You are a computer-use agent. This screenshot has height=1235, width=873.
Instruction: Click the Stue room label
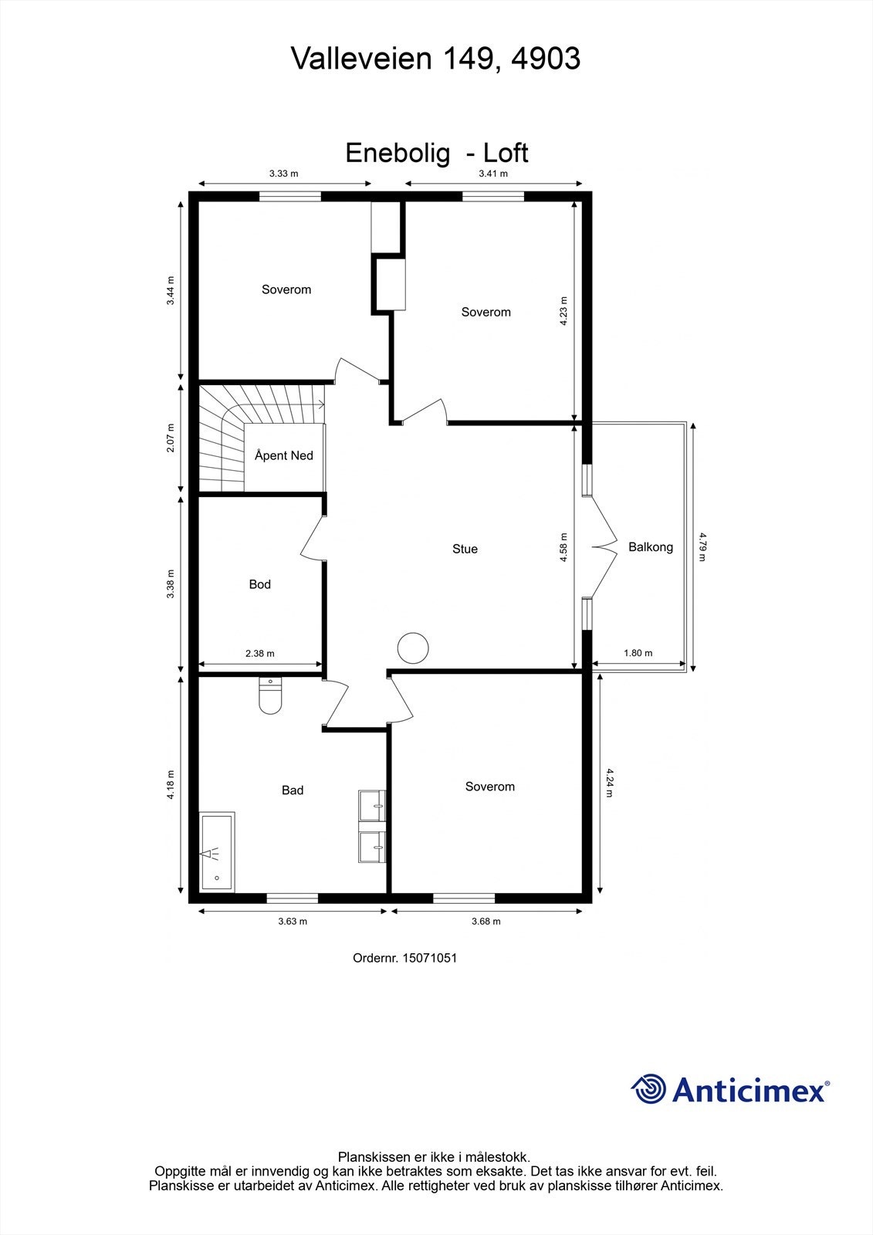click(x=465, y=549)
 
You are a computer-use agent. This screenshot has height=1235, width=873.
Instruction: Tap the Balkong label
click(x=650, y=547)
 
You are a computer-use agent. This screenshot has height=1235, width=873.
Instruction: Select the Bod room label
click(x=259, y=584)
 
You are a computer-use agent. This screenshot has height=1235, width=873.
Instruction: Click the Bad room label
click(x=293, y=790)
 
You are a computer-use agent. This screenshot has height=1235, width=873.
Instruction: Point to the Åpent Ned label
click(x=283, y=455)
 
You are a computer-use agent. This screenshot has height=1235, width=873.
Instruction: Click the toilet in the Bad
click(x=270, y=695)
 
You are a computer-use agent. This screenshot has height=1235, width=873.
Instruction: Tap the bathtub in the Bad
click(x=217, y=851)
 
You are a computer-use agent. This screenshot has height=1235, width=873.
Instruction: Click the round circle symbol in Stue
click(x=412, y=648)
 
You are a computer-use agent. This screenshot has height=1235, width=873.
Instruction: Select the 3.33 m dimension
click(x=283, y=174)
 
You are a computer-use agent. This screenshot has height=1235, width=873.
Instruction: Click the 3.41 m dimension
click(x=493, y=174)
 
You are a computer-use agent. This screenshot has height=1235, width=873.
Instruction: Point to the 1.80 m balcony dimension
click(x=638, y=653)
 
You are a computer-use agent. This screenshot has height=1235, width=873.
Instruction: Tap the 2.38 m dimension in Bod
click(x=259, y=653)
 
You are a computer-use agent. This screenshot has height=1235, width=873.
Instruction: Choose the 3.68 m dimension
click(x=486, y=921)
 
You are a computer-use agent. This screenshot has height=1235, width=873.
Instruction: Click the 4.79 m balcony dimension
click(x=702, y=546)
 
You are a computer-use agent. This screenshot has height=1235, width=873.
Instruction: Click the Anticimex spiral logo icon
click(x=648, y=1089)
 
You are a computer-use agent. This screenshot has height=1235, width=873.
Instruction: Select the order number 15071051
click(x=429, y=958)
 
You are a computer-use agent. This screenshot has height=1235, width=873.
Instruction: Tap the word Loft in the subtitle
click(x=506, y=153)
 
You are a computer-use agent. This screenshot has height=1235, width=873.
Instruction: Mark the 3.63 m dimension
click(x=293, y=921)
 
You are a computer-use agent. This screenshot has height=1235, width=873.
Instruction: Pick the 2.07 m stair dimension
click(x=171, y=438)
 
